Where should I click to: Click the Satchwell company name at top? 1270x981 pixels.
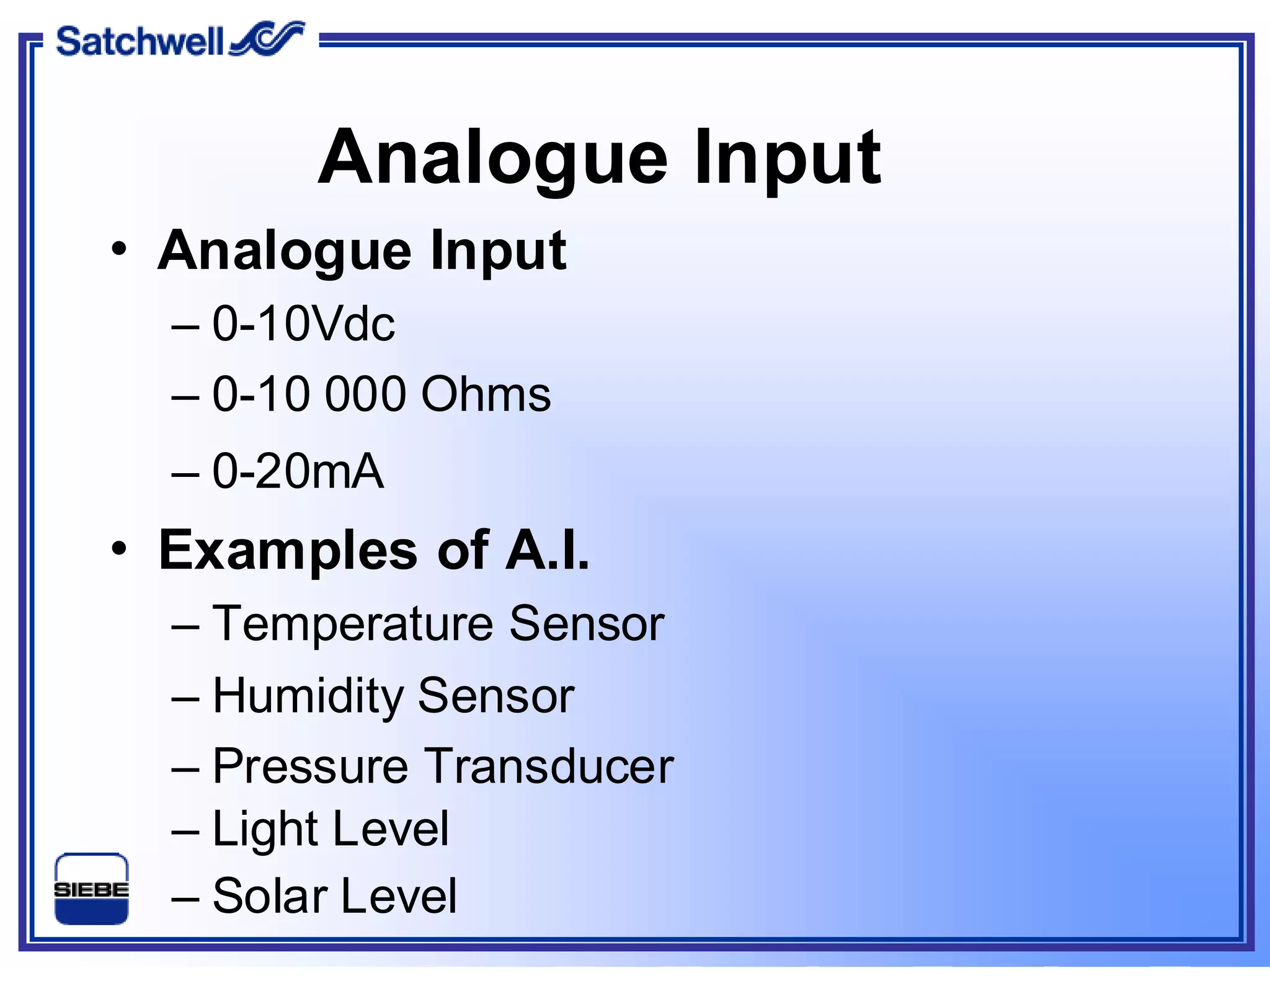coord(139,42)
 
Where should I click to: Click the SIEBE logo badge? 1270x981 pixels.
coord(92,888)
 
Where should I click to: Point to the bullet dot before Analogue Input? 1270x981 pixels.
coord(119,250)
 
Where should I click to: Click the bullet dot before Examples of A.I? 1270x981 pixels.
coord(119,549)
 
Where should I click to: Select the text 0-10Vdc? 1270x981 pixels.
coord(303,324)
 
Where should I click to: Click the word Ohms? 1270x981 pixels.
coord(486,394)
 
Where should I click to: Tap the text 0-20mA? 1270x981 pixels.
coord(298,471)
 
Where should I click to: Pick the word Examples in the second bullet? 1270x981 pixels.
coord(288,551)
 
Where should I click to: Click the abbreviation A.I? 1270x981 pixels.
coord(547,549)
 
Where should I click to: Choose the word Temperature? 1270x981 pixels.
coord(353,624)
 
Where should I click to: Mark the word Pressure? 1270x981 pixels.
coord(310,766)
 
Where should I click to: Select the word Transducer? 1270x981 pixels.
coord(549,766)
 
